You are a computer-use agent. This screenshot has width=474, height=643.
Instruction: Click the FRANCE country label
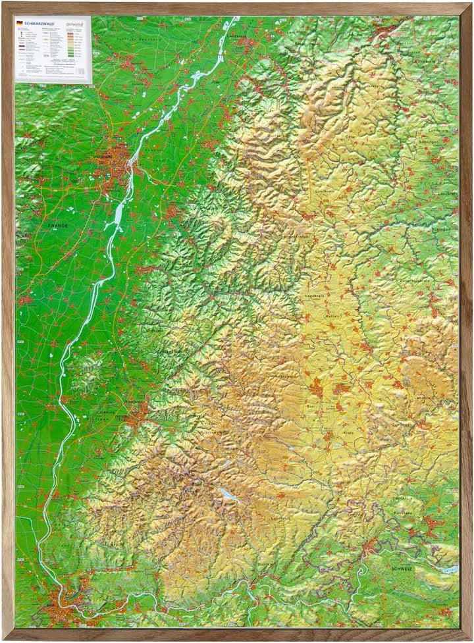click(58, 225)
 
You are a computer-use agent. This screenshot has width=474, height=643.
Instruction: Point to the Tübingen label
click(442, 229)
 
